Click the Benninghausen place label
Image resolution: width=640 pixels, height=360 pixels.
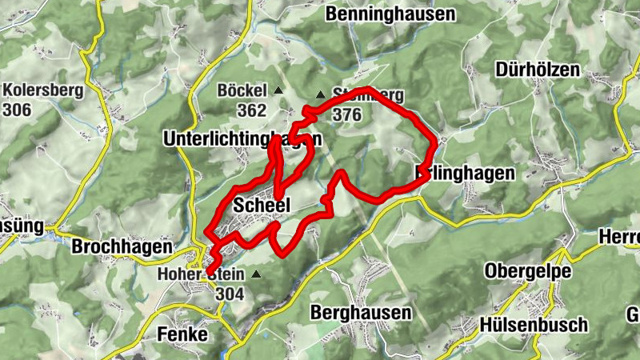pyautogui.click(x=390, y=14)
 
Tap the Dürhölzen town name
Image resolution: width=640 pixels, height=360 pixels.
pyautogui.click(x=537, y=70)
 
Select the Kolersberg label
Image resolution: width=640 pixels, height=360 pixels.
pyautogui.click(x=43, y=90)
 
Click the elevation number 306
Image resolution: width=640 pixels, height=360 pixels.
pyautogui.click(x=18, y=110)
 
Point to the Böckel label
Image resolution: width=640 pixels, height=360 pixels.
pyautogui.click(x=241, y=90)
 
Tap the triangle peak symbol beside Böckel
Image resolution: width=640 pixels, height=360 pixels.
pyautogui.click(x=278, y=90)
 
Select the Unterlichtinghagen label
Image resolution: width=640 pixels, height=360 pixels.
pyautogui.click(x=242, y=139)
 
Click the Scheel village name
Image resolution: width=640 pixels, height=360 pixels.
pyautogui.click(x=261, y=206)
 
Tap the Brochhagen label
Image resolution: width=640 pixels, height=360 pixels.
pyautogui.click(x=122, y=246)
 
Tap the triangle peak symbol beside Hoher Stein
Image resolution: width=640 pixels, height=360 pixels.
pyautogui.click(x=256, y=274)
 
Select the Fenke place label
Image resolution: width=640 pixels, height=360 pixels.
pyautogui.click(x=183, y=333)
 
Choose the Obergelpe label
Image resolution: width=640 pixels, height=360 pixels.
pyautogui.click(x=527, y=271)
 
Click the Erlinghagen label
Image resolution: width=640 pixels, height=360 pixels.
pyautogui.click(x=466, y=172)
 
